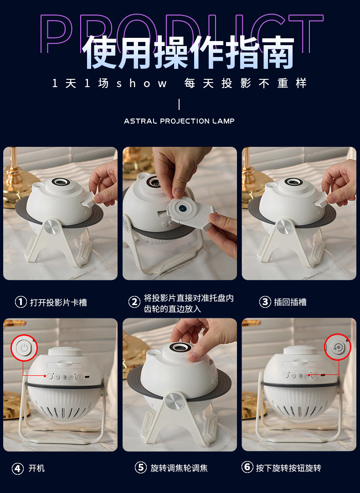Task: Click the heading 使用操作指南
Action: pos(188,52)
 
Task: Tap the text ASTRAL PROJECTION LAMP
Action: pos(180,121)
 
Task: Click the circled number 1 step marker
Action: pos(21,302)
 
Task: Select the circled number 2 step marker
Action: pos(134,302)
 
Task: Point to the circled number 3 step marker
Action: pos(265,302)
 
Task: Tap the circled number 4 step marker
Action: pos(18,468)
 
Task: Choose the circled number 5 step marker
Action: pos(140,467)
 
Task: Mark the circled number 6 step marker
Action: pos(247,467)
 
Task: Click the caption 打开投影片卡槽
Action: pos(58,302)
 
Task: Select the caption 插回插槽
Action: pos(290,302)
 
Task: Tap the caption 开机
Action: pos(37,468)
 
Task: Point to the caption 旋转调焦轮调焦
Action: pos(179,468)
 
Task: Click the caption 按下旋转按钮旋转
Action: pos(288,468)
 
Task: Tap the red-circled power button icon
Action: pos(24,348)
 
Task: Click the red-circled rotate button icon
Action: pos(338,347)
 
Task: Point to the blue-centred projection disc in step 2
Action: pos(182,208)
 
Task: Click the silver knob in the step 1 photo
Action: pos(52,227)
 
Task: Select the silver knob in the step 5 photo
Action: pos(172,401)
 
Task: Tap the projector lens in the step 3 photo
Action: pos(294,182)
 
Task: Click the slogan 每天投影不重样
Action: pos(245,83)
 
